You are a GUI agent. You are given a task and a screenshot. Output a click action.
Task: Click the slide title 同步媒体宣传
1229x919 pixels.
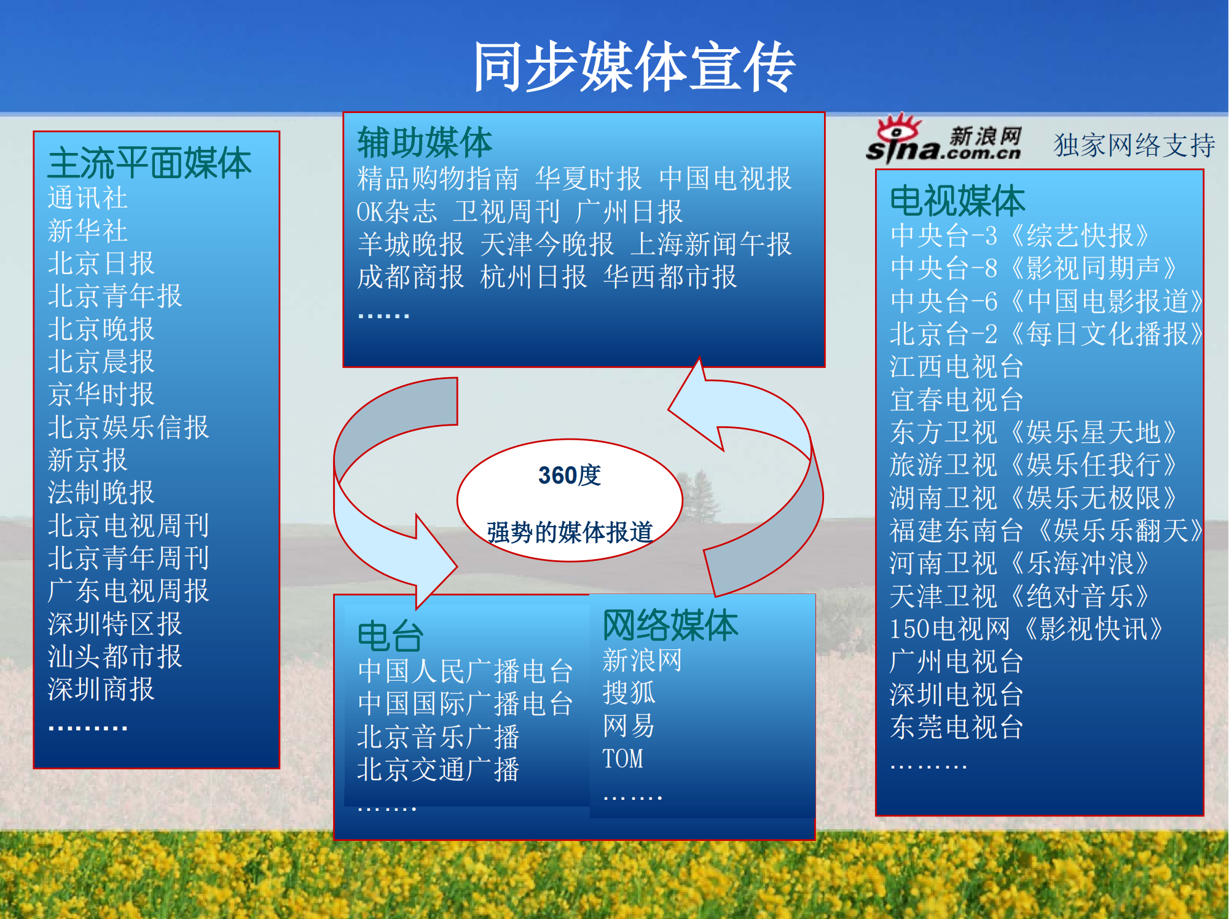pyautogui.click(x=634, y=67)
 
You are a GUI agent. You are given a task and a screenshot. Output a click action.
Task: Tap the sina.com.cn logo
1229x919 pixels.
pyautogui.click(x=944, y=139)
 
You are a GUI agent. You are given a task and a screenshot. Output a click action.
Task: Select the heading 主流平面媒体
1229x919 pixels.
pyautogui.click(x=149, y=163)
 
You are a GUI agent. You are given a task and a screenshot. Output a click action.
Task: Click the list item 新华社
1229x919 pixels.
pyautogui.click(x=87, y=231)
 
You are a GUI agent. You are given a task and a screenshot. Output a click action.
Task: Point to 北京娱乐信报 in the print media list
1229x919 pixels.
pyautogui.click(x=128, y=428)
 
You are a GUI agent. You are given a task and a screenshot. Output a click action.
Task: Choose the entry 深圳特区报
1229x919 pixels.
pyautogui.click(x=115, y=624)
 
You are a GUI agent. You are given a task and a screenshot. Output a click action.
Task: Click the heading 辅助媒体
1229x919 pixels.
pyautogui.click(x=425, y=143)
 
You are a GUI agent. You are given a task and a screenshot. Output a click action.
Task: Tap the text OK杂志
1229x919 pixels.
pyautogui.click(x=396, y=212)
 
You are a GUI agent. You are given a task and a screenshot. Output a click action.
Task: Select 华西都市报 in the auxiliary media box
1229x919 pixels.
pyautogui.click(x=670, y=277)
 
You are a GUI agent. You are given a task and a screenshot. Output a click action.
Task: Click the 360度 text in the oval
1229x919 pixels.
pyautogui.click(x=570, y=475)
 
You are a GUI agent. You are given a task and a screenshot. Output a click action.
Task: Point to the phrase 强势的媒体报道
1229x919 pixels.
pyautogui.click(x=570, y=532)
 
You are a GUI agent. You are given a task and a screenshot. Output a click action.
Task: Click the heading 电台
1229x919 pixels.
pyautogui.click(x=390, y=636)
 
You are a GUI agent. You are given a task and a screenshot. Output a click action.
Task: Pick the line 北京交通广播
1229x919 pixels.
pyautogui.click(x=438, y=770)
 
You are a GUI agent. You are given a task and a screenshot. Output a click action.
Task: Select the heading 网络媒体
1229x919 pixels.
pyautogui.click(x=670, y=625)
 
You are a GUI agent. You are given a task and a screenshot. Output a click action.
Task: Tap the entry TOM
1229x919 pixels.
pyautogui.click(x=622, y=759)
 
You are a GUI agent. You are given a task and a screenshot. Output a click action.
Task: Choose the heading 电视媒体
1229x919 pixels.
pyautogui.click(x=957, y=201)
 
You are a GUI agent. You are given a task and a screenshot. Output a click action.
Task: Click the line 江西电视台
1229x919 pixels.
pyautogui.click(x=956, y=367)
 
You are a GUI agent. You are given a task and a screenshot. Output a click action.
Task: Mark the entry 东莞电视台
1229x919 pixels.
pyautogui.click(x=956, y=727)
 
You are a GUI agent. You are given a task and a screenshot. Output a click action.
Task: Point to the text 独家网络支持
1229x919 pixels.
pyautogui.click(x=1134, y=145)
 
